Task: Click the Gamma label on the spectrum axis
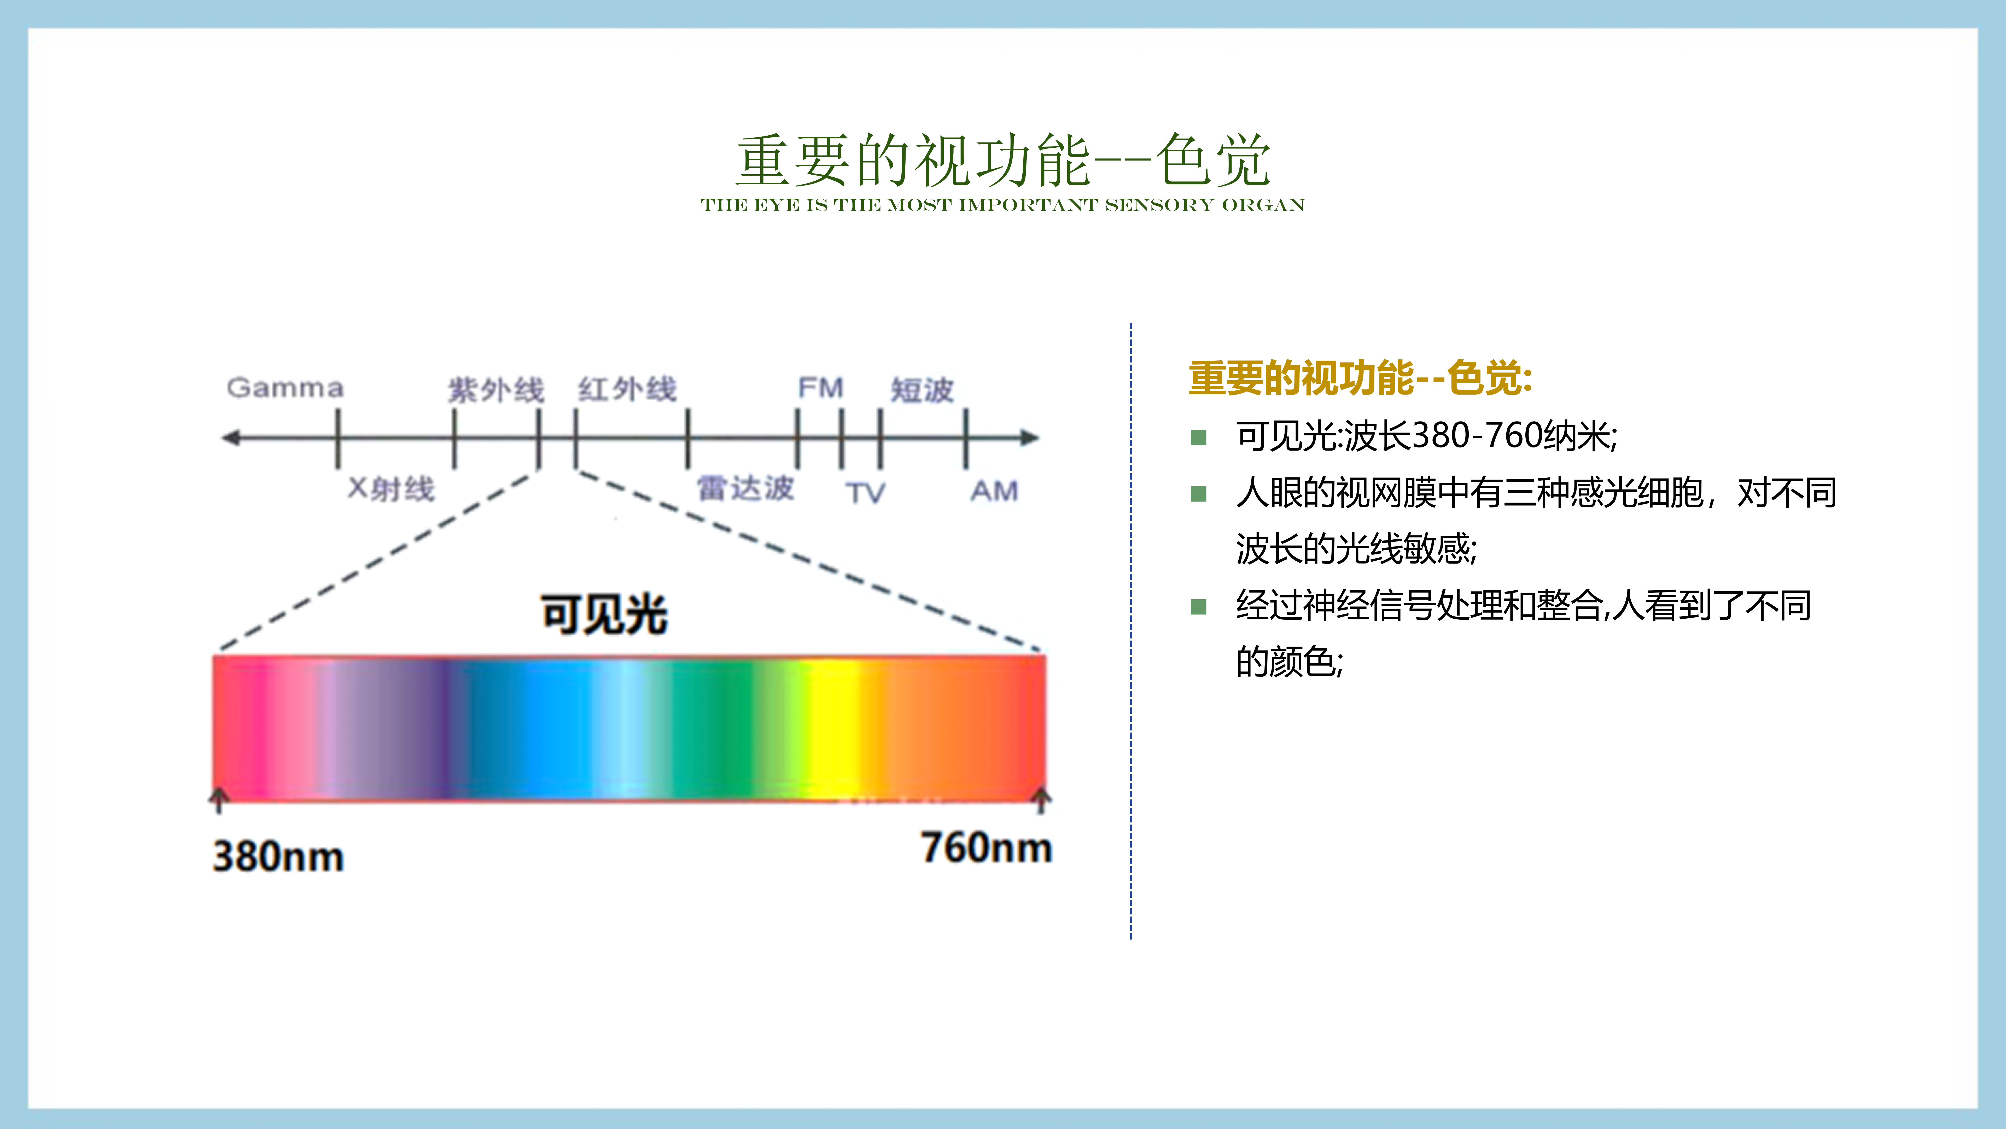click(285, 388)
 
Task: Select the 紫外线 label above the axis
click(496, 390)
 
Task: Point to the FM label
click(821, 387)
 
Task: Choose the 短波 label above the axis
click(922, 390)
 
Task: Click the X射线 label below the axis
click(391, 488)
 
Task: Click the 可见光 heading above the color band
click(604, 614)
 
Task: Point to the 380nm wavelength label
click(278, 856)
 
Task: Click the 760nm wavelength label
click(987, 848)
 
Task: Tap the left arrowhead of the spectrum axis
click(230, 438)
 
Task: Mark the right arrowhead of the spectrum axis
click(1030, 438)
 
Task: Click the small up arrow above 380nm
click(219, 800)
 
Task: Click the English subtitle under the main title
click(1002, 205)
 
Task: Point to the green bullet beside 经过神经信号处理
click(1198, 607)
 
